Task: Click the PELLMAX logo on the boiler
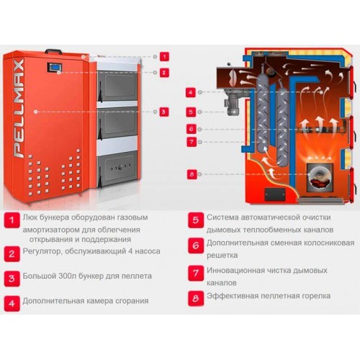(x=19, y=108)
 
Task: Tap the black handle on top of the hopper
(x=53, y=51)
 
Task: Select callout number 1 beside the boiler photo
(x=164, y=57)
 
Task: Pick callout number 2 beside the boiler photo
(x=164, y=73)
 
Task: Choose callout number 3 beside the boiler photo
(x=164, y=112)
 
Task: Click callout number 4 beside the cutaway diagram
(x=191, y=92)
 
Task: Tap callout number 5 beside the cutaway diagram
(x=191, y=112)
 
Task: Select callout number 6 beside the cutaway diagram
(x=192, y=129)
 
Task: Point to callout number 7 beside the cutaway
(x=192, y=142)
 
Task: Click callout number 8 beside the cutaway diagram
(x=192, y=174)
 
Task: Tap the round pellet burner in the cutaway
(x=320, y=177)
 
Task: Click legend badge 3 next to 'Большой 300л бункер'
(x=12, y=279)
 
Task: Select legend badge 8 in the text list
(x=196, y=298)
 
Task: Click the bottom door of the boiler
(x=117, y=168)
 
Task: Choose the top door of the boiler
(x=117, y=86)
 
